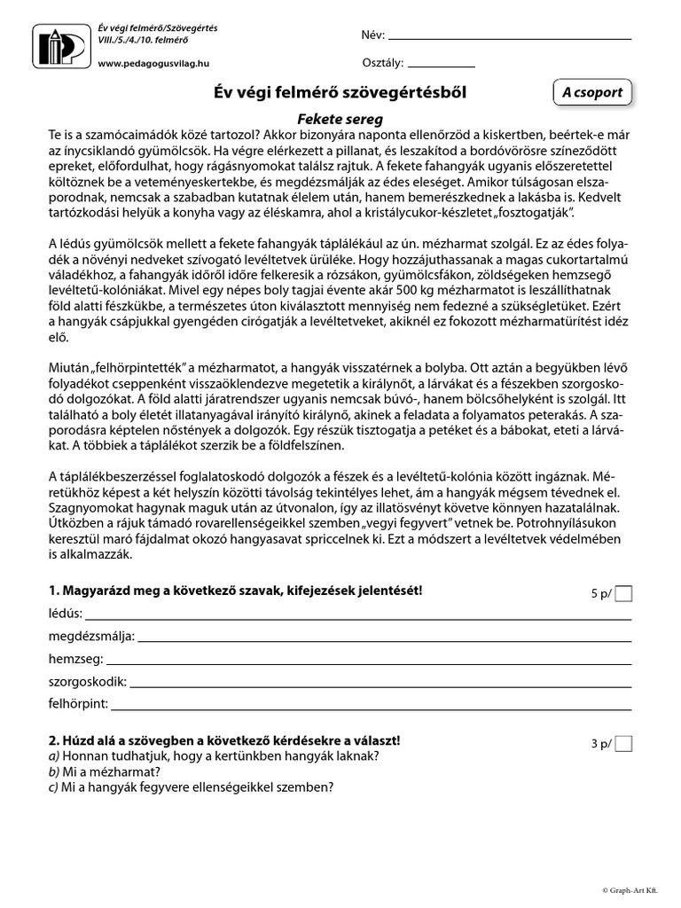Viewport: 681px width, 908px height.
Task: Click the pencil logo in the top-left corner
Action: (x=61, y=45)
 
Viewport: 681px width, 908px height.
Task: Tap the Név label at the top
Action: (x=373, y=35)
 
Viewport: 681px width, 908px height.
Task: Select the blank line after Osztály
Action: (x=442, y=66)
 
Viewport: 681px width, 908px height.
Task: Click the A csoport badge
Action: (x=592, y=91)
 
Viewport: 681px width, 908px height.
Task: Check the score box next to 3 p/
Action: (x=623, y=743)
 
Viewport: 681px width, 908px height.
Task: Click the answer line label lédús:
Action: (x=67, y=614)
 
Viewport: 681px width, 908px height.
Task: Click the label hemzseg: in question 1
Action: (x=75, y=659)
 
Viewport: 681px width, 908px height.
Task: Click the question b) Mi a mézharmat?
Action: (x=110, y=771)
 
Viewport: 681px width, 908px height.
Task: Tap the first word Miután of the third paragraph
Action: (x=69, y=365)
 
